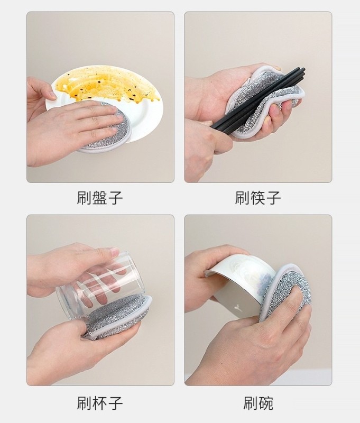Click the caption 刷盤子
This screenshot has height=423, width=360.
tap(100, 198)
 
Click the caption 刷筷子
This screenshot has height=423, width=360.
tap(258, 198)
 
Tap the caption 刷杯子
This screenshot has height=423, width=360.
tap(100, 403)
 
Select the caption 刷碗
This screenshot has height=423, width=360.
tap(258, 403)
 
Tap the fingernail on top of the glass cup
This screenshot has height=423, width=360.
tap(115, 252)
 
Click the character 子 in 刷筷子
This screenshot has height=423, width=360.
tap(273, 198)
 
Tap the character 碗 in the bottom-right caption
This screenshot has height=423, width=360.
tap(265, 403)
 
